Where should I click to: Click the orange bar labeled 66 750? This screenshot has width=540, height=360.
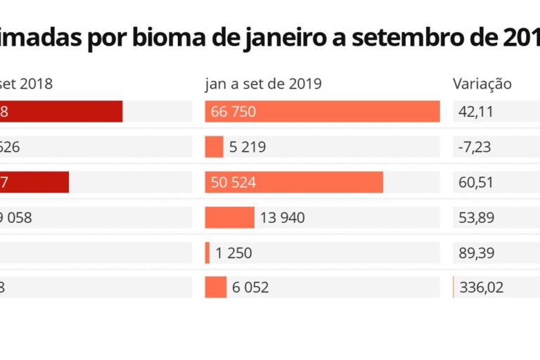[322, 111]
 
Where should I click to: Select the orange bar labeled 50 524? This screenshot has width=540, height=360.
[294, 182]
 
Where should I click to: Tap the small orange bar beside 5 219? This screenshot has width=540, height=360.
[214, 147]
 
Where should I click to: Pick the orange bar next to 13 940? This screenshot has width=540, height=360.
[229, 217]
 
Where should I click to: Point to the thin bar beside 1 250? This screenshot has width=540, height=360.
[207, 252]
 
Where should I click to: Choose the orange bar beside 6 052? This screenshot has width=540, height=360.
[215, 287]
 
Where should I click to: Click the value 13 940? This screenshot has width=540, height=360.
[282, 218]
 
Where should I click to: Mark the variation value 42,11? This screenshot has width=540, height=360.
[476, 112]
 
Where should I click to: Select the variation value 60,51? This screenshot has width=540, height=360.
[477, 183]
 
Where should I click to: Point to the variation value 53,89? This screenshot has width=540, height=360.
[477, 218]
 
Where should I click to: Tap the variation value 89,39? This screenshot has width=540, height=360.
[477, 253]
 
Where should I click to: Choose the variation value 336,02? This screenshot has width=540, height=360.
[481, 288]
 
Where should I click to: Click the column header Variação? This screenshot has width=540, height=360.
[482, 84]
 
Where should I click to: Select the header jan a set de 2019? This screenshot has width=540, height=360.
[263, 84]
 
